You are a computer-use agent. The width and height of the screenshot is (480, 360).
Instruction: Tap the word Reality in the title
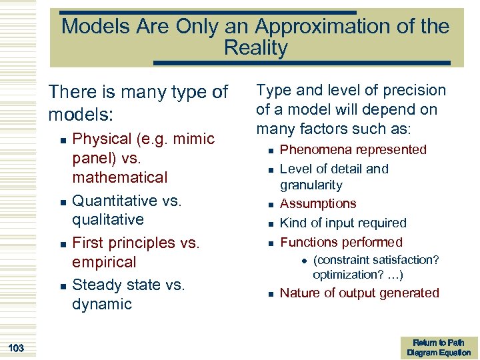pyautogui.click(x=256, y=48)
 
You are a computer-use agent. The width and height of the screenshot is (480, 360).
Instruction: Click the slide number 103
pyautogui.click(x=17, y=348)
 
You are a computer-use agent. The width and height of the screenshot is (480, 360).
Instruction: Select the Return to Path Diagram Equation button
pyautogui.click(x=439, y=347)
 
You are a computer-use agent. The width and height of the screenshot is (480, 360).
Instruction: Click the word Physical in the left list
pyautogui.click(x=102, y=139)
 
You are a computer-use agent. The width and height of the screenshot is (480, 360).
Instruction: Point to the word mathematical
pyautogui.click(x=119, y=177)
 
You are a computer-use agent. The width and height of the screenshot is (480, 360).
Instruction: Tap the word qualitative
pyautogui.click(x=107, y=219)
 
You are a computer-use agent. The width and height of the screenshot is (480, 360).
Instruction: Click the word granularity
pyautogui.click(x=311, y=185)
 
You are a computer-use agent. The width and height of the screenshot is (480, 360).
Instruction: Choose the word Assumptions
pyautogui.click(x=318, y=204)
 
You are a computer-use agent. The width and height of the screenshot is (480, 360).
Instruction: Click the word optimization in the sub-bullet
pyautogui.click(x=346, y=275)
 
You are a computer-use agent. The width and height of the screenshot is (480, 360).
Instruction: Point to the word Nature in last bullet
pyautogui.click(x=299, y=293)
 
